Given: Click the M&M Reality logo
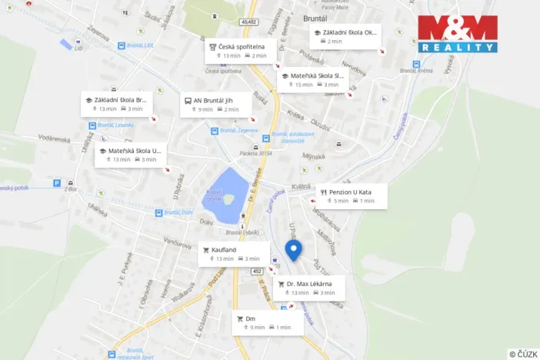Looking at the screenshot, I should click(x=458, y=34).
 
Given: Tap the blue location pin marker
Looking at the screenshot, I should click(x=293, y=251).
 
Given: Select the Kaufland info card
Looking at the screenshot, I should click(x=229, y=254).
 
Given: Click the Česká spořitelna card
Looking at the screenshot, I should click(x=240, y=51).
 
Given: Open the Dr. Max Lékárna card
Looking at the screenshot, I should click(x=308, y=288).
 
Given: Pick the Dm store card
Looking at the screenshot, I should click(x=268, y=322).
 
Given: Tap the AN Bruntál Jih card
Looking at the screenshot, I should click(x=216, y=105).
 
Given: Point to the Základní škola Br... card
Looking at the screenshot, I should click(x=116, y=104).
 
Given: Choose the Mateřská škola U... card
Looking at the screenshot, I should click(x=130, y=155).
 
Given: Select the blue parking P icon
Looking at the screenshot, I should click(x=57, y=183).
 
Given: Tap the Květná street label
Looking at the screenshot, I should click(x=302, y=186).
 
